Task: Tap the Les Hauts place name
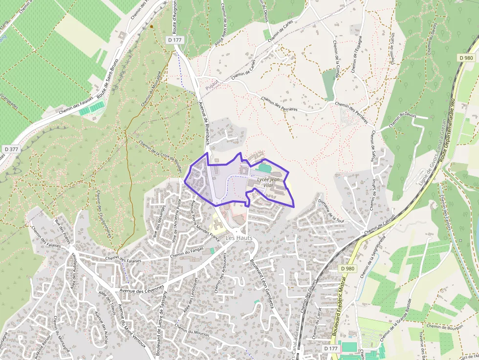click(238, 237)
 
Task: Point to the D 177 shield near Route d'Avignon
click(174, 40)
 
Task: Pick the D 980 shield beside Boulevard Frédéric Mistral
click(348, 269)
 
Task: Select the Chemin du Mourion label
click(192, 331)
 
